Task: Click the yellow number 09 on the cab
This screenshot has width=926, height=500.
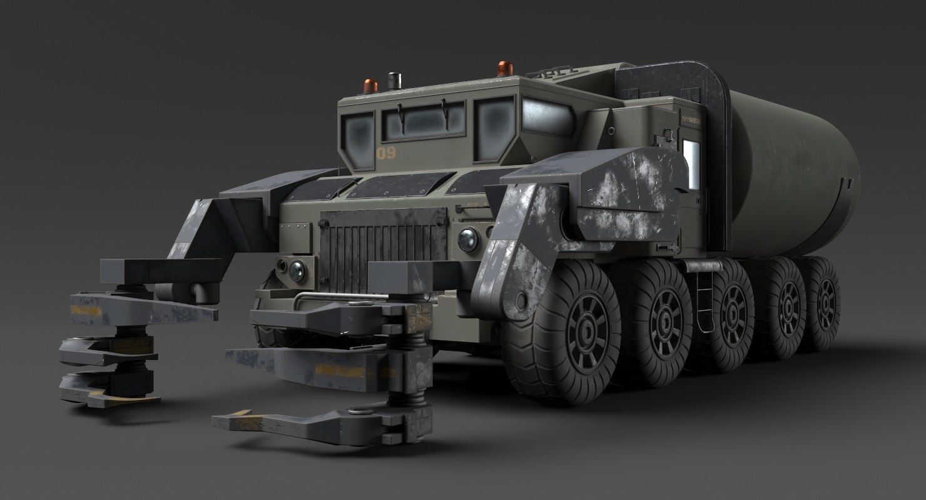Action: [x=386, y=153]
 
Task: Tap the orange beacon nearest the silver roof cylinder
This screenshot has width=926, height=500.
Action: [x=370, y=86]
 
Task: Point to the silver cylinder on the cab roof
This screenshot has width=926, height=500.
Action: [x=394, y=81]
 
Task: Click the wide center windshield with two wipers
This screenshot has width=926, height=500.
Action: [x=424, y=121]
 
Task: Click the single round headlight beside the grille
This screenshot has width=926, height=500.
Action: [x=468, y=240]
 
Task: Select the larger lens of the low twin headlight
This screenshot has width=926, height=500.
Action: [x=297, y=271]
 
